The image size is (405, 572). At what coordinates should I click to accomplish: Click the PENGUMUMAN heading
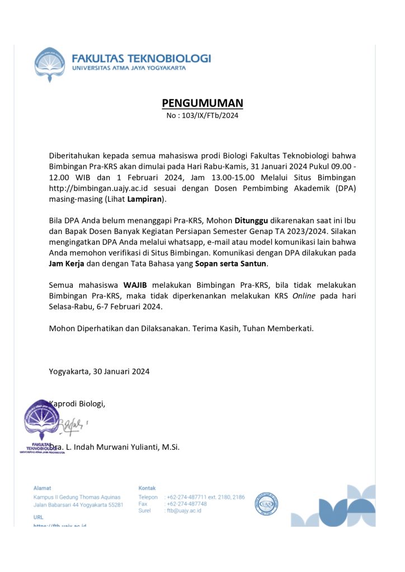tap(202, 103)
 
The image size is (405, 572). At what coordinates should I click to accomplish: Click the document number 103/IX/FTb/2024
tap(202, 116)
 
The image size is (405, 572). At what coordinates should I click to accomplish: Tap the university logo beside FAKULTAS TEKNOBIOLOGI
tap(50, 64)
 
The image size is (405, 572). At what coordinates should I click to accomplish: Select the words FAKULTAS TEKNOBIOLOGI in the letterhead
tap(142, 58)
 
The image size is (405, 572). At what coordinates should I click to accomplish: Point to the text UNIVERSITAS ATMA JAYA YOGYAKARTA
tap(129, 68)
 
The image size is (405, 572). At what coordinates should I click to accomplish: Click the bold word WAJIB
tap(135, 285)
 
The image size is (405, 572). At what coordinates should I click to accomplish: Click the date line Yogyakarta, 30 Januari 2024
tap(99, 371)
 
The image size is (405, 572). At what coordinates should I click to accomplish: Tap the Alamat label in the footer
tap(42, 488)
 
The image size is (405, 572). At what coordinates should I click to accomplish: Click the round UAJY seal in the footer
tap(266, 503)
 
